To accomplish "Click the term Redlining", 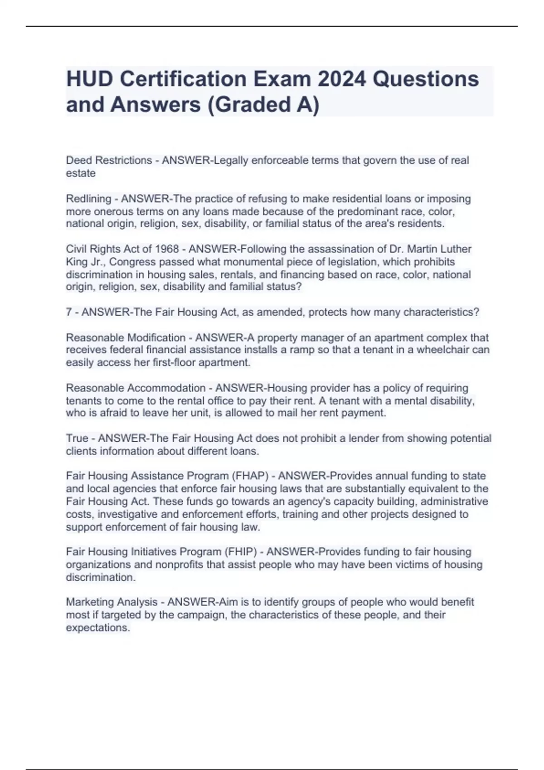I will [x=88, y=198].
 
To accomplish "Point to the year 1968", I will [x=167, y=249].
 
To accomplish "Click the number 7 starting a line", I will [x=69, y=312].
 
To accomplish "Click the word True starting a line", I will [x=77, y=438].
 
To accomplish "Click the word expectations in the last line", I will [x=97, y=628].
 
